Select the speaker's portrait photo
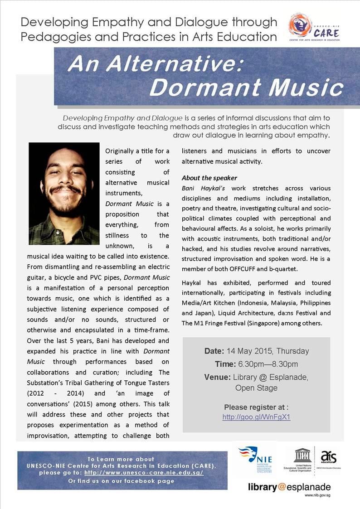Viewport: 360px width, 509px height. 64,194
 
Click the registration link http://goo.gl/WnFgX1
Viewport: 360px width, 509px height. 256,417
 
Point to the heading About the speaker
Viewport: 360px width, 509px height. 209,178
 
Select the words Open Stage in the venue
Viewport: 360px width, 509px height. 256,388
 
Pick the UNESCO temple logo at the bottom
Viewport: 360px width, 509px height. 301,456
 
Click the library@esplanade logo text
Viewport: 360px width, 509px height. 289,488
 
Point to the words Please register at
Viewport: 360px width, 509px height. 256,407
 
